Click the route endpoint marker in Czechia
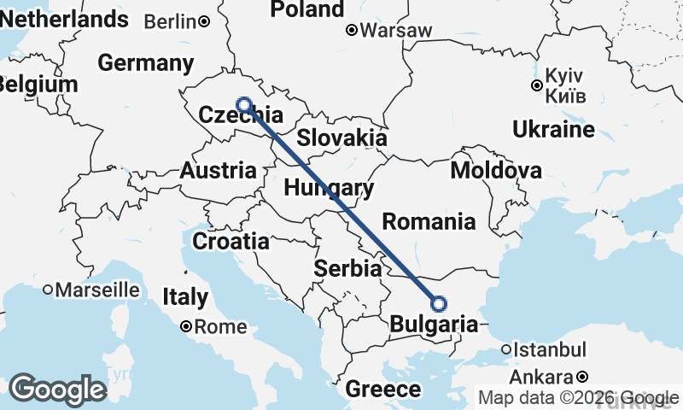coord(244,105)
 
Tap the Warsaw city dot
coord(351,31)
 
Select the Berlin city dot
coord(205,21)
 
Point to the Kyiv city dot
coord(536,85)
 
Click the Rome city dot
coord(186,325)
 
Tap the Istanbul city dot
coord(506,348)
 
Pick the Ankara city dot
coord(582,376)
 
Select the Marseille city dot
coord(48,290)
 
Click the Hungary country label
coord(329,189)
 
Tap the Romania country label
coord(429,222)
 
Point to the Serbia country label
coord(347,268)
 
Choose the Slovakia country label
coord(341,138)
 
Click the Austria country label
coord(218,170)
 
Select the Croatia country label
coord(231,242)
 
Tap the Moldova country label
coord(496,170)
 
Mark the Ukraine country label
coord(553,130)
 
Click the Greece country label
coord(383,390)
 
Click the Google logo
coord(57,389)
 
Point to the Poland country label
coord(307,9)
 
